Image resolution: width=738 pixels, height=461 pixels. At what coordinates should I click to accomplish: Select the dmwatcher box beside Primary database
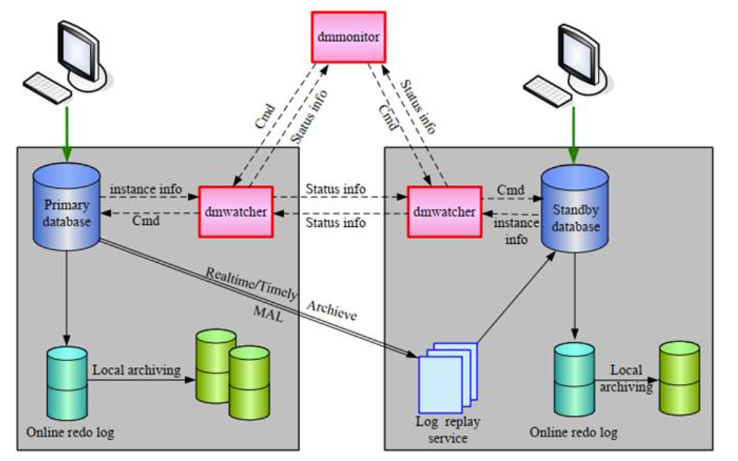click(x=235, y=210)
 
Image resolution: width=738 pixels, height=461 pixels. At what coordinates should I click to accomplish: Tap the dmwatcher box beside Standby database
click(x=444, y=210)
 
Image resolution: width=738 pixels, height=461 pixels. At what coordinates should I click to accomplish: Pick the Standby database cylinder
click(x=575, y=212)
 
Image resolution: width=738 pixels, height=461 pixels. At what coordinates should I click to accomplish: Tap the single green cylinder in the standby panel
click(x=679, y=377)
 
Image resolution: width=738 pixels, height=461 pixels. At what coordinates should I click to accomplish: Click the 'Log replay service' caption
click(x=442, y=431)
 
